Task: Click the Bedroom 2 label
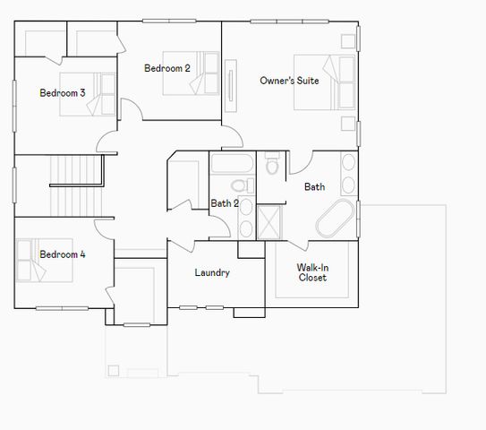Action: pyautogui.click(x=167, y=68)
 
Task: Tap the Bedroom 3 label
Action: pyautogui.click(x=63, y=92)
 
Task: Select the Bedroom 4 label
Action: pyautogui.click(x=63, y=254)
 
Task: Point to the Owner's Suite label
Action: pyautogui.click(x=289, y=81)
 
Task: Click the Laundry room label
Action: pyautogui.click(x=212, y=272)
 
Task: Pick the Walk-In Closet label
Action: pyautogui.click(x=312, y=272)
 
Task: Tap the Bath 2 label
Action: pyautogui.click(x=225, y=203)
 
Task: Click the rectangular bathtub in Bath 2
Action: pyautogui.click(x=233, y=164)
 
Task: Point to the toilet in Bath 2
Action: pyautogui.click(x=239, y=185)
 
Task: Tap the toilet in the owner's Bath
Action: pyautogui.click(x=273, y=165)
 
